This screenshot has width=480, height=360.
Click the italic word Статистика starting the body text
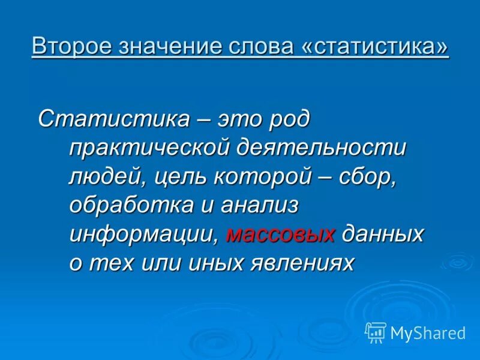[113, 118]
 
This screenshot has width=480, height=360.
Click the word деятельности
[322, 147]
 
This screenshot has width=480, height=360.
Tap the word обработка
[127, 205]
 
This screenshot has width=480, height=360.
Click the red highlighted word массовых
[280, 234]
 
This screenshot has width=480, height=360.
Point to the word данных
[383, 234]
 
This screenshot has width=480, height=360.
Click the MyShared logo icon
[376, 332]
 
